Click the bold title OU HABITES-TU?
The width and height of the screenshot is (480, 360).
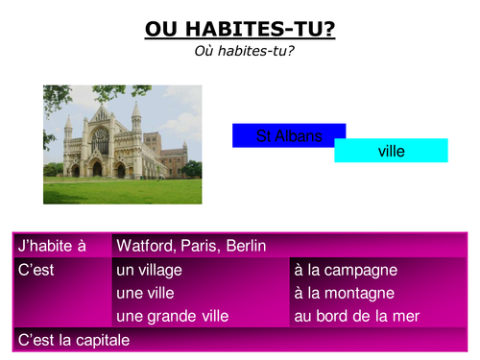240,30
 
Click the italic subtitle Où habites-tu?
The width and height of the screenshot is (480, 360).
240,51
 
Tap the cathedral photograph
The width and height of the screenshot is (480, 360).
122,144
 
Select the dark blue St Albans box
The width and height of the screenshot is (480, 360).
288,135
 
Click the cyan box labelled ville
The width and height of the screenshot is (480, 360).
392,151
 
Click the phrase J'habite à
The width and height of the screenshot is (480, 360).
50,246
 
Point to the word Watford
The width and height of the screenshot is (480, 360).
147,246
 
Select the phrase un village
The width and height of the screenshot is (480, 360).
149,270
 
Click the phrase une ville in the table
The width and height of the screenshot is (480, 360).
144,293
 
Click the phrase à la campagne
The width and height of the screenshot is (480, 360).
346,270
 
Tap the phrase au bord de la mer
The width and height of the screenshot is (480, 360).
356,316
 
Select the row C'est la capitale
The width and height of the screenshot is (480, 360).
73,339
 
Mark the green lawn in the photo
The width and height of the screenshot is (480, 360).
122,190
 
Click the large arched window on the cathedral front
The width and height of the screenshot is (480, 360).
100,142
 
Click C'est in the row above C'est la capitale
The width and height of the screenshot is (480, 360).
36,270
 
